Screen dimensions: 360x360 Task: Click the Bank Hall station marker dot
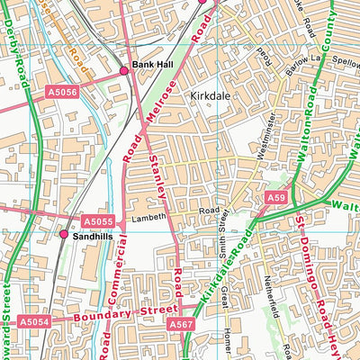123,70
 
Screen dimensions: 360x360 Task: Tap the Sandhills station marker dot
64,234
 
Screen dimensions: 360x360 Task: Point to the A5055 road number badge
98,220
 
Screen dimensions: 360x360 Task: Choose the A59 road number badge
276,197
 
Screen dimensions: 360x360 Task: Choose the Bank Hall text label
151,65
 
